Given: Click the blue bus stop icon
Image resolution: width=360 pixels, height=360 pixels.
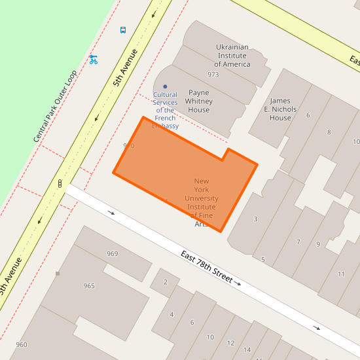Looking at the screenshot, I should click(x=123, y=30).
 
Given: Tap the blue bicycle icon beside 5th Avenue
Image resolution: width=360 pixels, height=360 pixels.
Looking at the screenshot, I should click(x=94, y=60).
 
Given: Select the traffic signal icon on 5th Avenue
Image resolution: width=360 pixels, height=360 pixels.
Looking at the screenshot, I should click(x=60, y=184).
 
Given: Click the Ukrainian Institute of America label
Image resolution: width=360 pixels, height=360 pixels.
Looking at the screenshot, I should click(x=232, y=56).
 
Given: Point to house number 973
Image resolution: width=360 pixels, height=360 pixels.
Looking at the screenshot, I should click(x=213, y=75).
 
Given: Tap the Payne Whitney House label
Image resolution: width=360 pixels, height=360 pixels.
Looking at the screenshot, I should click(x=199, y=101).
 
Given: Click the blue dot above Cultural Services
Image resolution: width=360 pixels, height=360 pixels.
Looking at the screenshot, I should click(x=165, y=86).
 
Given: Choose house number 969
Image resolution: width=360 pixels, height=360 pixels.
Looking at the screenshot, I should click(x=113, y=254).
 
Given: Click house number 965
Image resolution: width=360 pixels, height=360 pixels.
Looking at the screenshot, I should click(x=89, y=286).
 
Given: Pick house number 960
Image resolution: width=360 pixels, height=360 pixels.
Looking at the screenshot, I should click(x=22, y=345).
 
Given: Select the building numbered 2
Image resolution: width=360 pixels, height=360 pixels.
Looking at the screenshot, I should click(x=165, y=282).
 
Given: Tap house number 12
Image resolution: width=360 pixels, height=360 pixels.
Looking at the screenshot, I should click(x=230, y=343).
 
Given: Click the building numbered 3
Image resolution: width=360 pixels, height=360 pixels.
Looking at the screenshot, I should click(x=255, y=219).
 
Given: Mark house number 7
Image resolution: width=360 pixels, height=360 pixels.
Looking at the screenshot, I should click(x=298, y=242).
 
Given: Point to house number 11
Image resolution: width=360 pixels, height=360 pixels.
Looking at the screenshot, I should click(x=341, y=274).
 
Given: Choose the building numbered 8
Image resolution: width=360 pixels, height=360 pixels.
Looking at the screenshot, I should click(x=329, y=132).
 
